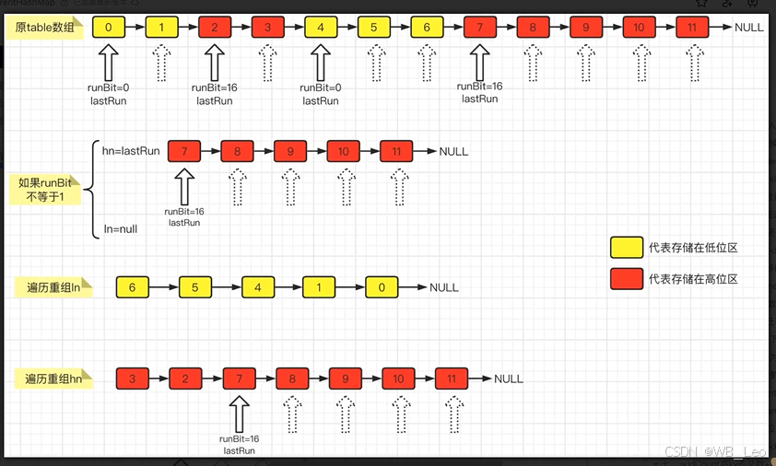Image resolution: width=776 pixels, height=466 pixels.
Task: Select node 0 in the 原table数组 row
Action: tap(108, 28)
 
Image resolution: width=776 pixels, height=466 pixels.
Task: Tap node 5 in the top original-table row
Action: tap(373, 28)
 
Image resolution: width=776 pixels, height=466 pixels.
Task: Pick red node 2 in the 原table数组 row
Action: tap(215, 28)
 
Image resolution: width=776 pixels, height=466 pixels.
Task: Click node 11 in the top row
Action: tap(691, 28)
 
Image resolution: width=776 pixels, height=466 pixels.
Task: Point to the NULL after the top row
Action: tap(748, 28)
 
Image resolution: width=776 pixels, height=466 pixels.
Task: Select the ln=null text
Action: tap(120, 228)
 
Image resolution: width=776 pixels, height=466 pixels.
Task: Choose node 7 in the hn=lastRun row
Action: tap(183, 151)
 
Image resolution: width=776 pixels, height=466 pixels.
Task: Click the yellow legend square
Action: tap(627, 248)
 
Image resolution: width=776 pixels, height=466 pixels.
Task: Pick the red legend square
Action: tap(627, 279)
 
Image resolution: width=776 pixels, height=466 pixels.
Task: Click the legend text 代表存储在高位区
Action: tap(693, 279)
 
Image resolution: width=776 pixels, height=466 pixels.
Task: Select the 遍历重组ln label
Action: tap(53, 288)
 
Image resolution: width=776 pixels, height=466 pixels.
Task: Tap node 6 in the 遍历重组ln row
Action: tap(132, 288)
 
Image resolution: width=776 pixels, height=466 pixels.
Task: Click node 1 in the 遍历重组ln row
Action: tap(319, 288)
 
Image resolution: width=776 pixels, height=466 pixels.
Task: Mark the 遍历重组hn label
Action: tap(53, 379)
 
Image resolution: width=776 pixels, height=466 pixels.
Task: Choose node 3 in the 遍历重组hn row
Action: tap(132, 379)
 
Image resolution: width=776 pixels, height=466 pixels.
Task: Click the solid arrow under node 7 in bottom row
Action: tap(239, 413)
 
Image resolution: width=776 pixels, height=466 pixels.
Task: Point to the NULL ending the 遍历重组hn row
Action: tap(508, 379)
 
